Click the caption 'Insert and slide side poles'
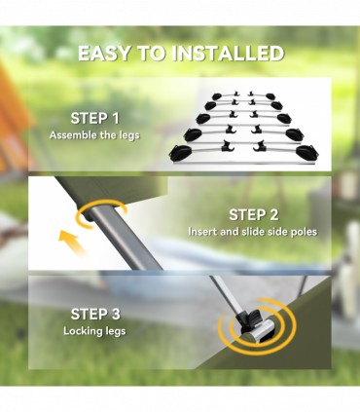pyautogui.click(x=252, y=232)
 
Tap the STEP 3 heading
pyautogui.click(x=94, y=315)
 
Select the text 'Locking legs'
pyautogui.click(x=94, y=331)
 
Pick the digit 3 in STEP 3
pyautogui.click(x=119, y=315)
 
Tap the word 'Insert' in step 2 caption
pyautogui.click(x=202, y=232)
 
